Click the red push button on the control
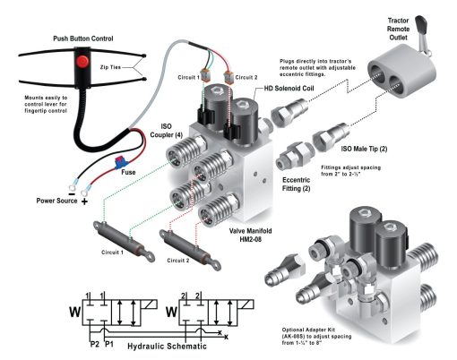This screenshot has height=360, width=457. [x=82, y=64]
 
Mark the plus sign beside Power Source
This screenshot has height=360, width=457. [x=85, y=202]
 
